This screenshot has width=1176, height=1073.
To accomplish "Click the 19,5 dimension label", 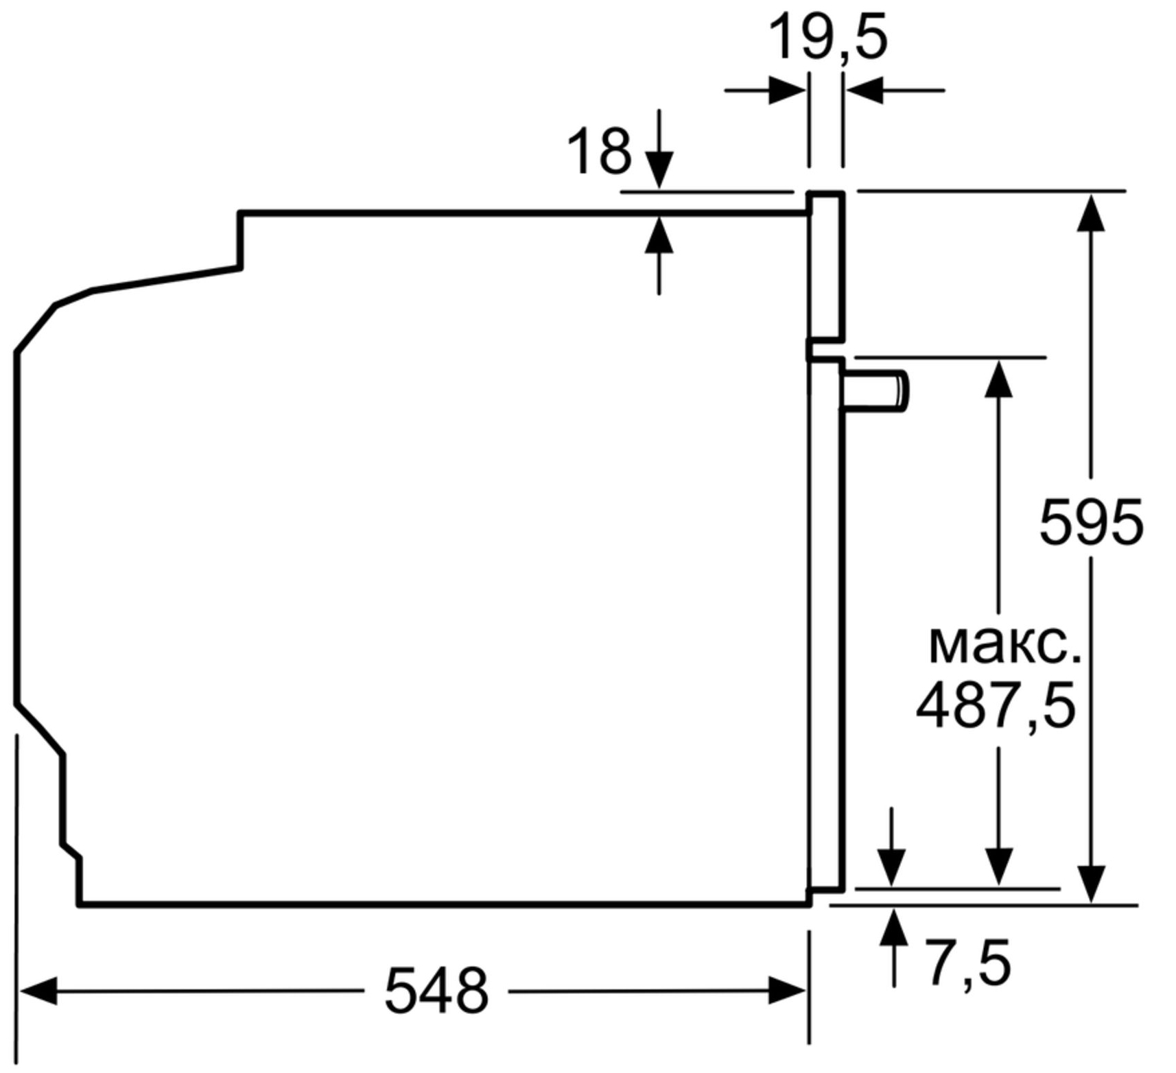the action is point(827,38).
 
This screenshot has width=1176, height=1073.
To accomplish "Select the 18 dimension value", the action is point(598,150).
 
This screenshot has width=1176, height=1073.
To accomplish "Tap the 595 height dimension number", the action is point(1091,522).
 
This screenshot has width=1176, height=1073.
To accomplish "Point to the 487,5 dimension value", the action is point(996,705).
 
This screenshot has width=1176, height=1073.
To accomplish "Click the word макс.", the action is point(1004,645).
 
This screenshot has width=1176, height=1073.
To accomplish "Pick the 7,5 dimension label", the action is point(969,963).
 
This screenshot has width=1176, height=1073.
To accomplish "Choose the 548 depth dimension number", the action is point(436,990).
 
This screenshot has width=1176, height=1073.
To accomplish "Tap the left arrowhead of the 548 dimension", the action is point(38,991).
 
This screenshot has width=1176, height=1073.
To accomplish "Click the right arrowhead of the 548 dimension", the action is point(787,991).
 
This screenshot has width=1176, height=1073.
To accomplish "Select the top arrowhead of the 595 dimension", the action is point(1091,212).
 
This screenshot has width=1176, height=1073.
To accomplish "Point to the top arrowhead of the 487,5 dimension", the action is point(998,378).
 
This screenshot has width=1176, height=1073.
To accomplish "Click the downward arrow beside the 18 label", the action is point(659,148).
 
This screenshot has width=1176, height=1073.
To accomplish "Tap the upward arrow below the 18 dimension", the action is point(659,255).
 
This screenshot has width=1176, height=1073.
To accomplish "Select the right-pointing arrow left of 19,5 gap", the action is point(765,90).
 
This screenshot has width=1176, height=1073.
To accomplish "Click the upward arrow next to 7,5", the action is point(893,947).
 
